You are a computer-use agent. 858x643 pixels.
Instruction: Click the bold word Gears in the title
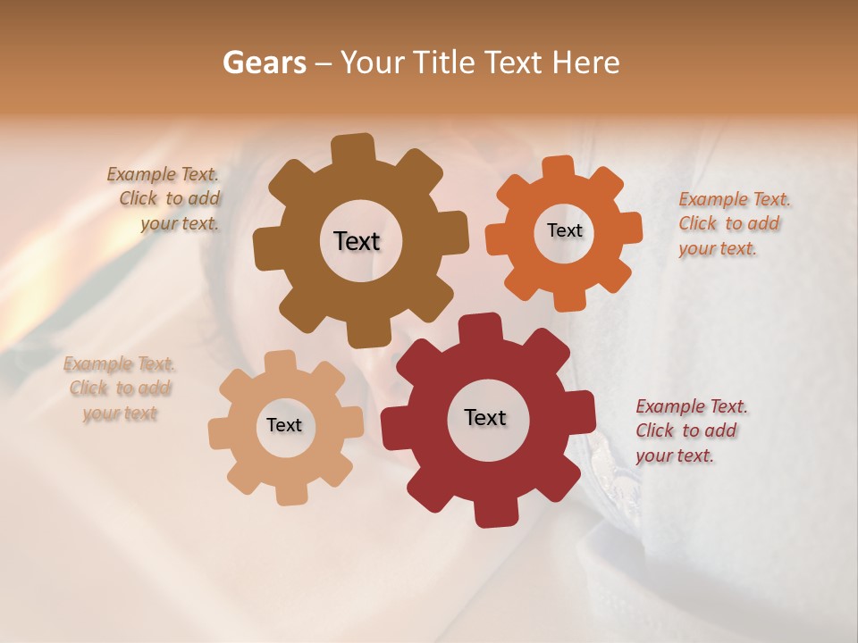click(x=264, y=63)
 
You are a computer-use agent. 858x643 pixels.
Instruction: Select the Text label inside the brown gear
click(x=357, y=241)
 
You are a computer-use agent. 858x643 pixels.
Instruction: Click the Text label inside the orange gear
click(x=564, y=230)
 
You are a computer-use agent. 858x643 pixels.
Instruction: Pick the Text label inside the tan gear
click(x=284, y=425)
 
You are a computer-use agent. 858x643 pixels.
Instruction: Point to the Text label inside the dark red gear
click(x=485, y=417)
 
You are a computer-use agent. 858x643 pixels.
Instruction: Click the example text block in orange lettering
click(x=735, y=223)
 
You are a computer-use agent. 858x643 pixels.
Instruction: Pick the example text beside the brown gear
click(x=166, y=198)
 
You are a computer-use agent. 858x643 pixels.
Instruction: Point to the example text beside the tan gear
click(x=120, y=388)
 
